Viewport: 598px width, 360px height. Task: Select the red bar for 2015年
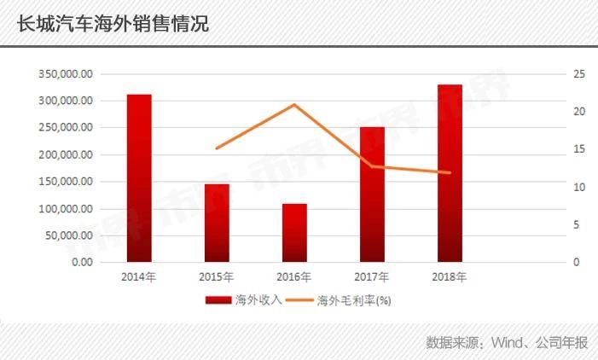(217, 223)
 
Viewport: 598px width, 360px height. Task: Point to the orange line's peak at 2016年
(294, 105)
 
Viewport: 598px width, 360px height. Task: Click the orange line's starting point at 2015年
(217, 148)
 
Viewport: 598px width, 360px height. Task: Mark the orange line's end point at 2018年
(450, 173)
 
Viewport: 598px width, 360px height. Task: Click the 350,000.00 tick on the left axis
(66, 74)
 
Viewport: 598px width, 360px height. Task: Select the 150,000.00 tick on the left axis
(66, 182)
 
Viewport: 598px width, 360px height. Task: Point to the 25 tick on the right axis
(578, 74)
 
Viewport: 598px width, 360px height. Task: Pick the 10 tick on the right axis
(578, 187)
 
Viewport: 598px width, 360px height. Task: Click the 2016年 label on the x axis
(294, 277)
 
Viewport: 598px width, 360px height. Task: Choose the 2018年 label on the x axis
(450, 277)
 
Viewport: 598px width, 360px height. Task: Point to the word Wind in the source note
(508, 343)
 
